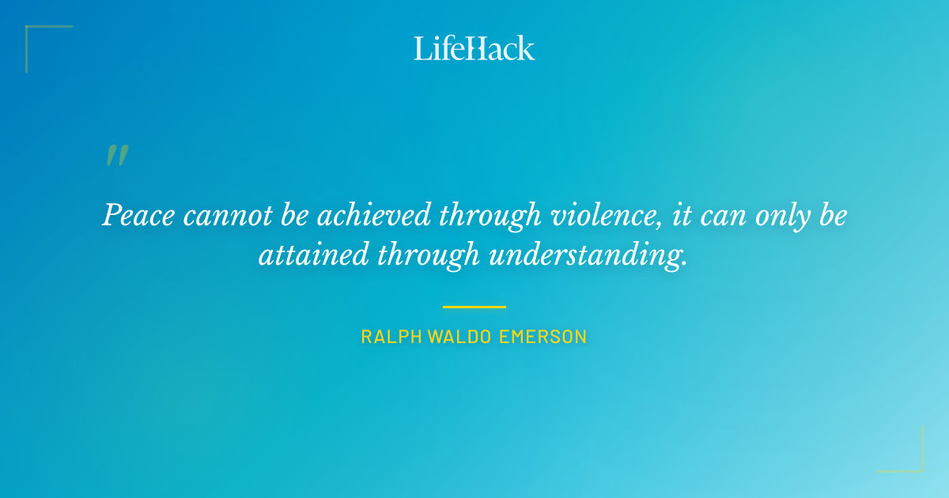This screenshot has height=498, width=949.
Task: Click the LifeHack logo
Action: [474, 48]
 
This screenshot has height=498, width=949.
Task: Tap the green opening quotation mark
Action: [117, 156]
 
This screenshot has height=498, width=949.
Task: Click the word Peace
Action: [137, 216]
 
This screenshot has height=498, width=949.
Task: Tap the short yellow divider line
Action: [474, 307]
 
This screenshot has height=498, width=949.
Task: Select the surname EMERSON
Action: [543, 337]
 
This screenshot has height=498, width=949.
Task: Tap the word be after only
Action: [832, 216]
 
